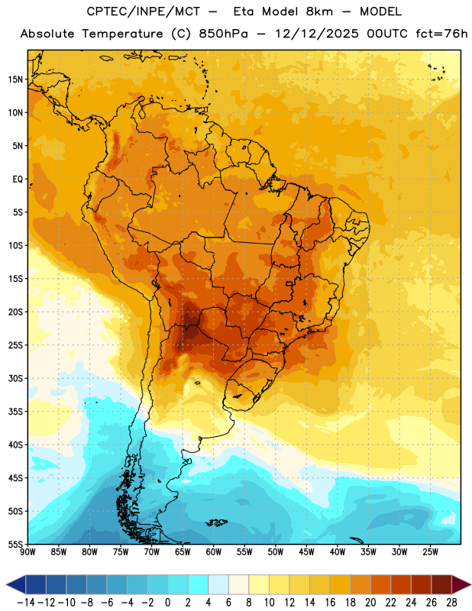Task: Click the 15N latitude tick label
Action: [x=15, y=79]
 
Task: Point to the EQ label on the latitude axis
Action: [x=18, y=179]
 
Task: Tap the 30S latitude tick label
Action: [x=15, y=378]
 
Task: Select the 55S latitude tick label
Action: [x=15, y=544]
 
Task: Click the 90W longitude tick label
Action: [x=28, y=552]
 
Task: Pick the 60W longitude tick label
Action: [x=214, y=552]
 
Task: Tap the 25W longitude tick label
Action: [x=430, y=552]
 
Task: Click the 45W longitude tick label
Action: [x=306, y=552]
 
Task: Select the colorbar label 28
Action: [x=451, y=603]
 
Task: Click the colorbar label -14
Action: [x=26, y=603]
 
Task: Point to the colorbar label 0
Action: [x=167, y=603]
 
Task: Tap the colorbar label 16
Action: [x=330, y=603]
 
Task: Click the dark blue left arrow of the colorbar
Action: [x=16, y=584]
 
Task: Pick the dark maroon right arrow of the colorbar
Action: [x=461, y=584]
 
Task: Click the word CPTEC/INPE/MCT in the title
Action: [x=144, y=11]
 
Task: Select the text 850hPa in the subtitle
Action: [x=223, y=34]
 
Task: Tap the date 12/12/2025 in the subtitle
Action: [x=317, y=34]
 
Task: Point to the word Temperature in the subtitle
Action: [x=122, y=34]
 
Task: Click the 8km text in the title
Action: [x=319, y=11]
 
